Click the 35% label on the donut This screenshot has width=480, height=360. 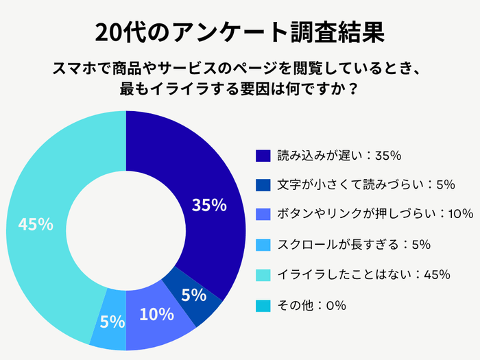click(x=209, y=205)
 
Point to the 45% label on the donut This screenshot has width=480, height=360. click(x=36, y=224)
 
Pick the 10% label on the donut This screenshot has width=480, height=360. click(x=156, y=315)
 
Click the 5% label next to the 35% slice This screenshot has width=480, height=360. click(x=194, y=296)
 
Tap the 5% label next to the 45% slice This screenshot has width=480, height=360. click(x=112, y=322)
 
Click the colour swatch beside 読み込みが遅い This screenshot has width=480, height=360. click(x=263, y=156)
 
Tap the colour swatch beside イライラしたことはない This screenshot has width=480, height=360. click(x=263, y=274)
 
